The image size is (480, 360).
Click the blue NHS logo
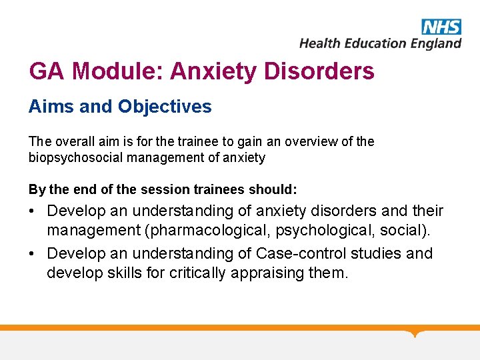coord(441,26)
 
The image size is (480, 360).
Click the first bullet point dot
coord(33,212)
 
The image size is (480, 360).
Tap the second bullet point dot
coord(33,254)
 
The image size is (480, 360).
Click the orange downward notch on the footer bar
coord(415,333)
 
